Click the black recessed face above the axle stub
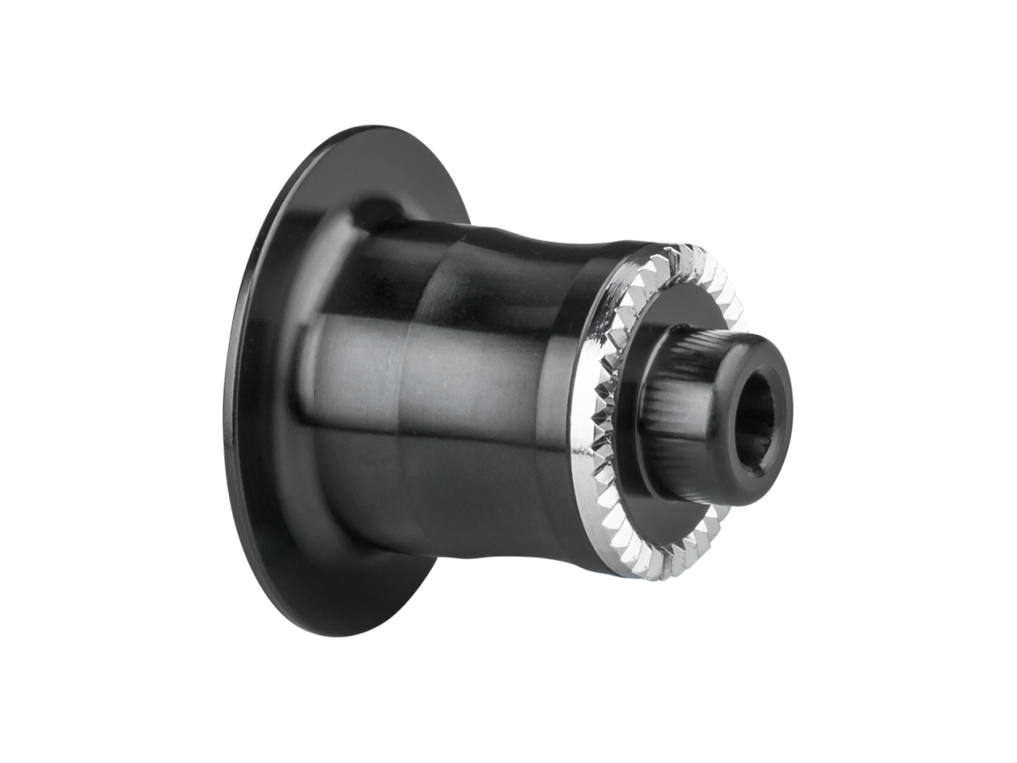678,314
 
